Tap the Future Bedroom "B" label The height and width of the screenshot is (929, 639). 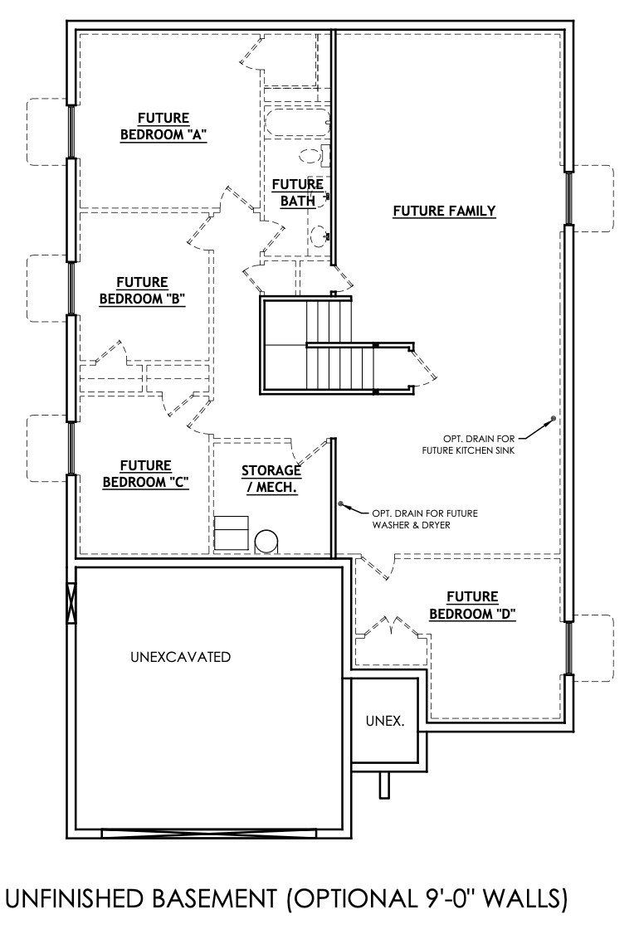click(142, 291)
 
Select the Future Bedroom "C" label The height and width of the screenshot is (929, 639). click(145, 474)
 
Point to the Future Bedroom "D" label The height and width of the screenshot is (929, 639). click(472, 606)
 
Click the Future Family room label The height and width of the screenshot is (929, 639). click(444, 211)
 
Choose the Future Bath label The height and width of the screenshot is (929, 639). click(297, 192)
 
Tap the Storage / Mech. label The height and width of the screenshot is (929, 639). click(271, 479)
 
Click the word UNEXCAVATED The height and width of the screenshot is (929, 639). click(180, 657)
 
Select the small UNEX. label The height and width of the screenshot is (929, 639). click(385, 721)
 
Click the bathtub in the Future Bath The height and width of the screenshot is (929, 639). click(297, 124)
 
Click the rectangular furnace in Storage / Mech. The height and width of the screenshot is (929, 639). click(231, 532)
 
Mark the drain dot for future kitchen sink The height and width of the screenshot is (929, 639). click(553, 419)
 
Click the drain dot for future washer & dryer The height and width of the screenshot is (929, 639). click(340, 503)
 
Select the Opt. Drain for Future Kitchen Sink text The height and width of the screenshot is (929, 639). click(479, 444)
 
